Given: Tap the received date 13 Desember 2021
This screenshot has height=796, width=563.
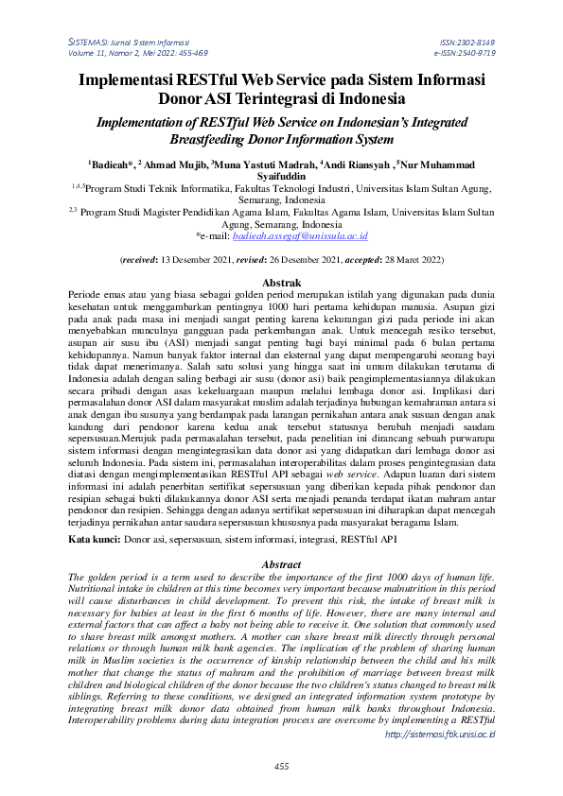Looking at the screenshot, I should (206, 258).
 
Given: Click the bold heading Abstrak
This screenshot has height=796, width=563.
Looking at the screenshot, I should (281, 283).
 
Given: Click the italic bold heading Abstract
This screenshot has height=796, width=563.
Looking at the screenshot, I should (280, 564).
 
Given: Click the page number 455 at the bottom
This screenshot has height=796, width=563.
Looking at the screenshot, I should (281, 766).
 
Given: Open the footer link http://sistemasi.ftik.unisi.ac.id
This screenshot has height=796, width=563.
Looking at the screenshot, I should (442, 734).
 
